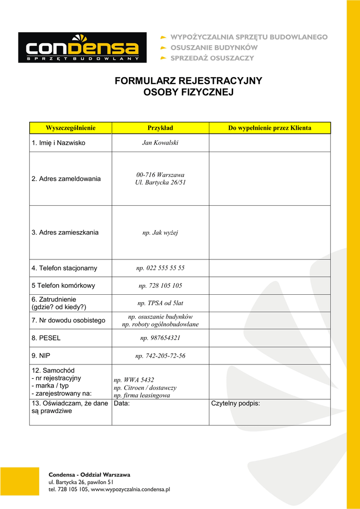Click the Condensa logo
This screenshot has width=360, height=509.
(x=83, y=48)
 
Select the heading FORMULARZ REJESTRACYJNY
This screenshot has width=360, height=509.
(x=188, y=81)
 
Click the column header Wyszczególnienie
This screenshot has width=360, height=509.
(x=71, y=128)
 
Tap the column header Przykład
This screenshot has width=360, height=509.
(x=160, y=128)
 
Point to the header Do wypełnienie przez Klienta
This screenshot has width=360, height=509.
(x=270, y=128)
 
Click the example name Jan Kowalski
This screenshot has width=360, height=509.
(x=160, y=143)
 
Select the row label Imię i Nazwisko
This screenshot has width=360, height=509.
(x=59, y=143)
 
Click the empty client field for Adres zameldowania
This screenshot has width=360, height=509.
(x=270, y=178)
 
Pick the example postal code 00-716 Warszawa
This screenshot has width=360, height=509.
(x=160, y=175)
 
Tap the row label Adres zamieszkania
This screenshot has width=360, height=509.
(x=65, y=232)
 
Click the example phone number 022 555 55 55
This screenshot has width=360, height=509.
(x=160, y=268)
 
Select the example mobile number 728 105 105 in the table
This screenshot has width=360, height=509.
(x=160, y=286)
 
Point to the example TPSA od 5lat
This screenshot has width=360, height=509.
(x=160, y=303)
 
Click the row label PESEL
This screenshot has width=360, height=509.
(x=46, y=338)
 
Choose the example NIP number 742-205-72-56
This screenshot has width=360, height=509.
(x=160, y=356)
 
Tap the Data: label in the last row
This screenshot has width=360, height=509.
(x=122, y=404)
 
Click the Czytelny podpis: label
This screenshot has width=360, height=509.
(x=236, y=404)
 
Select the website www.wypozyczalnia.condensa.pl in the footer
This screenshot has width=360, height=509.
(x=131, y=490)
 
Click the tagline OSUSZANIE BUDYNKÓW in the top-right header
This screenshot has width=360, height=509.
(x=214, y=48)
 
